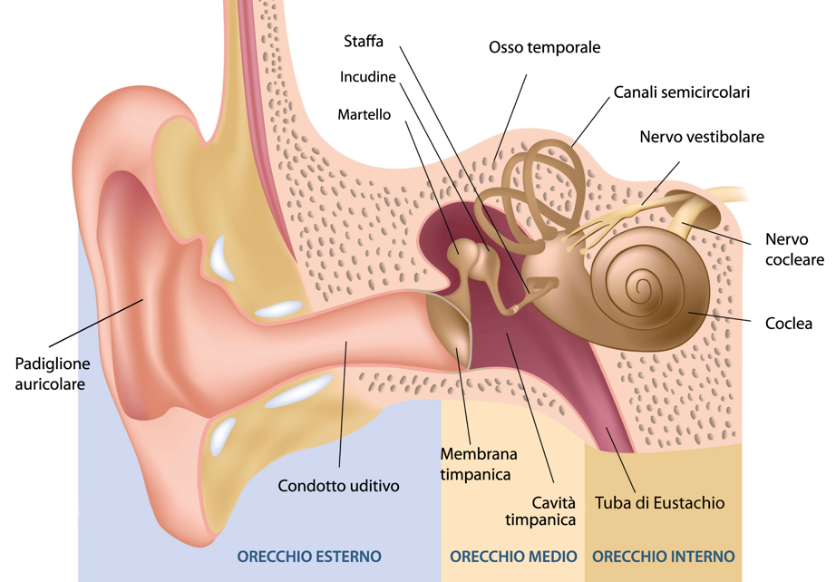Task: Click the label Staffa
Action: pos(364,43)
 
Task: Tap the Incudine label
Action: pos(367,77)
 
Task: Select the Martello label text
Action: pos(364,115)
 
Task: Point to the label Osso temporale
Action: pos(544,47)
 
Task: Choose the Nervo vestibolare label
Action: pos(701,137)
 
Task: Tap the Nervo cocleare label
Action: pos(794,249)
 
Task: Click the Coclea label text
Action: pos(788,323)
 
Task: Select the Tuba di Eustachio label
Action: pos(659,502)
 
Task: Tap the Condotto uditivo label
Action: pos(338,486)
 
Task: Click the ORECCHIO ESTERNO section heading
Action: pos(309,556)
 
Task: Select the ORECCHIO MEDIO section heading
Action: pos(513,556)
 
